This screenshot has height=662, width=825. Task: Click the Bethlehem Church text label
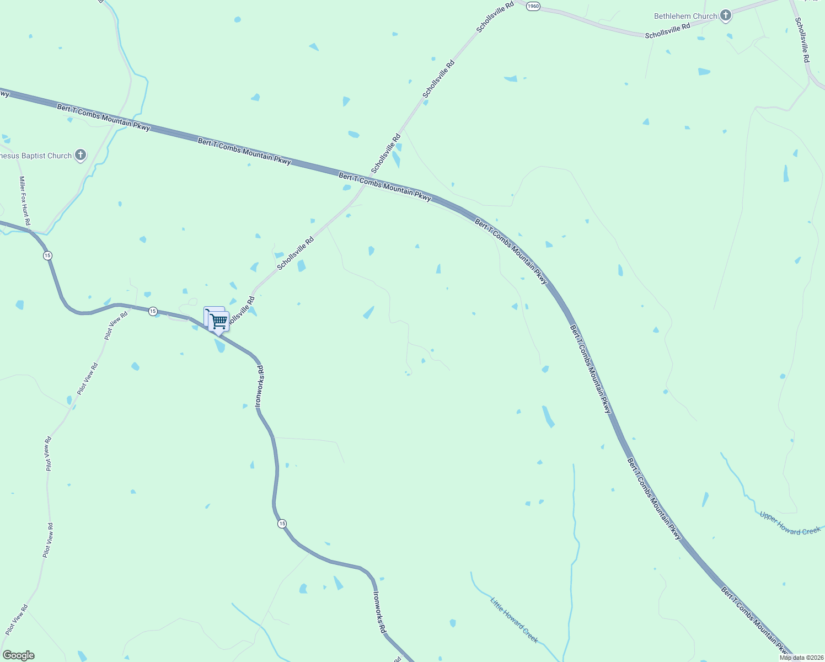click(685, 16)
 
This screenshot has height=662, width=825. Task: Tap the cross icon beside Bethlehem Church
click(726, 15)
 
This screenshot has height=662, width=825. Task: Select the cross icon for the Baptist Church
click(81, 155)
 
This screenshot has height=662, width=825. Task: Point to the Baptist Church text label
click(36, 156)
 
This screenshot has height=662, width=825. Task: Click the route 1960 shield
click(533, 6)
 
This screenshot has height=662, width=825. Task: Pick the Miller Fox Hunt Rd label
click(24, 201)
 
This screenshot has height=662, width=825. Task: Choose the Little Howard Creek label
click(514, 620)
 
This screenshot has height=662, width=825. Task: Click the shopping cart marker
click(218, 321)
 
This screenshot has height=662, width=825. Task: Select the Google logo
click(18, 655)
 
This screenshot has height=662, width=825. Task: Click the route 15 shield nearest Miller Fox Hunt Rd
click(48, 255)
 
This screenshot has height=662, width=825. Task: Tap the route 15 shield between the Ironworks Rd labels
click(282, 523)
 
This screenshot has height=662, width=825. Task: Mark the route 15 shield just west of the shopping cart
click(153, 312)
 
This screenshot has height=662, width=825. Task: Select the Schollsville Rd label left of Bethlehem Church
click(667, 31)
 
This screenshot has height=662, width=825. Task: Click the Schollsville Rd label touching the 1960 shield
click(495, 17)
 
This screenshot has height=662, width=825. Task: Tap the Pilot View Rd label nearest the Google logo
click(17, 620)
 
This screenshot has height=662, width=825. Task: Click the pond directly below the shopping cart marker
click(220, 346)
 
